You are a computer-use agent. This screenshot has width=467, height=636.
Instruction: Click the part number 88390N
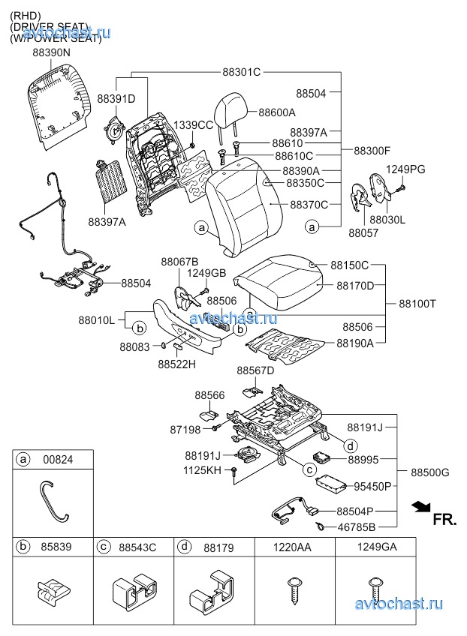point(51,53)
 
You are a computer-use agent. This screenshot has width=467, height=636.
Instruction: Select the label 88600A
point(277,112)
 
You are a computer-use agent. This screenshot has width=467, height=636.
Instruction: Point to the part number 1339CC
point(194,124)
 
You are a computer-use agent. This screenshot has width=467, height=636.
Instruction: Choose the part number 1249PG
point(405,169)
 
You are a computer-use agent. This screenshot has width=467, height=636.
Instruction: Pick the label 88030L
point(387,220)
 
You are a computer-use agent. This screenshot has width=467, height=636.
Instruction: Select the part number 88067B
point(179,261)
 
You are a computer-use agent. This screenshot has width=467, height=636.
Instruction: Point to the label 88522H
point(176,364)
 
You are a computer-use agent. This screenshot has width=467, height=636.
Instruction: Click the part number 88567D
point(255,370)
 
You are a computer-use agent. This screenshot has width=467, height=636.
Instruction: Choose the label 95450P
point(372,486)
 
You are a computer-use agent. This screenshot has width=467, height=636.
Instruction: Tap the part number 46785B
point(356,526)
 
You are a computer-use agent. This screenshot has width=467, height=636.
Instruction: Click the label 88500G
point(430,472)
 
